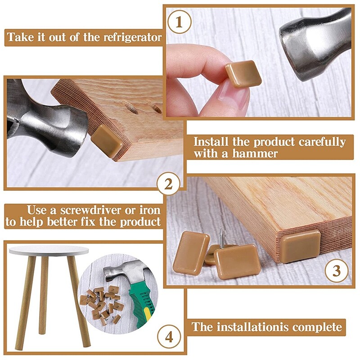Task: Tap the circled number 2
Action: click(x=168, y=184)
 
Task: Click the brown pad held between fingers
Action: click(x=243, y=73)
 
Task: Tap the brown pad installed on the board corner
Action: click(x=300, y=246)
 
